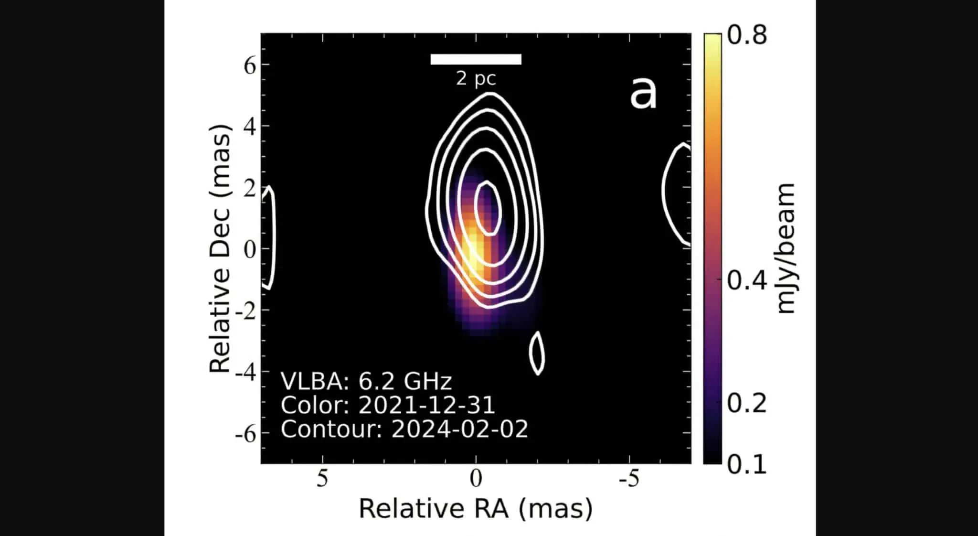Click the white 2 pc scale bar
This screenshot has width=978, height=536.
coord(476,59)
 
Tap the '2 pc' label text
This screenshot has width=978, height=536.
coord(476,78)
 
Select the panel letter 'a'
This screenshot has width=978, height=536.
coord(643,94)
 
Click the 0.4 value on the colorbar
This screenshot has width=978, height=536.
coord(746,280)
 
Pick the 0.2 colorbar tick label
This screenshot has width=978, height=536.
coord(746,403)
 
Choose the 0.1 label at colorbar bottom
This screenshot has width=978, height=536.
coord(746,464)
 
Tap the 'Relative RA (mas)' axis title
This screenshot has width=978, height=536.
coord(476,508)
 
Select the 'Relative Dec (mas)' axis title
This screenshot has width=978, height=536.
coord(221,248)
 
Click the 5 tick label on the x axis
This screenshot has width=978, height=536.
coord(322,478)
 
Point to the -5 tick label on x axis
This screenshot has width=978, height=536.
coord(628,478)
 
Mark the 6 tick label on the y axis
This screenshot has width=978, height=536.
coord(250,65)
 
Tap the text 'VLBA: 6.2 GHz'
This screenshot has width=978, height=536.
coord(366,381)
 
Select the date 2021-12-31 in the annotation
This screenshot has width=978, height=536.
coord(426,405)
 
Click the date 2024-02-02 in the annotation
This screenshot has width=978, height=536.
coord(459,429)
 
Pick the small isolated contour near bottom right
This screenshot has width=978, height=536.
coord(537,353)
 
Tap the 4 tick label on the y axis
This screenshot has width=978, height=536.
coord(250,127)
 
